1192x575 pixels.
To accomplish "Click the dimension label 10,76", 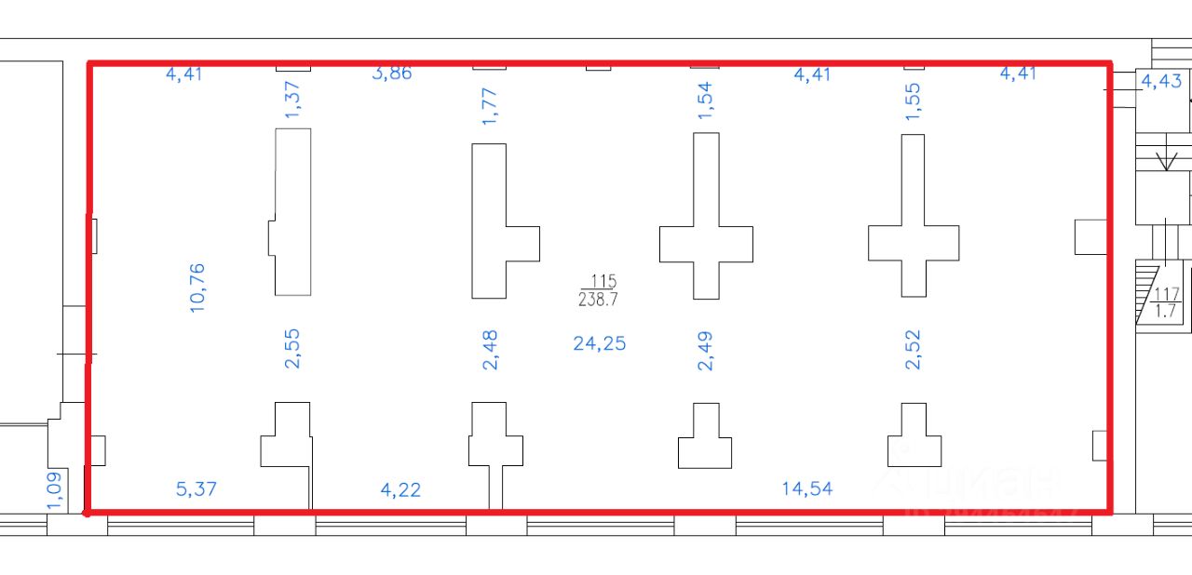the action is pos(196,287).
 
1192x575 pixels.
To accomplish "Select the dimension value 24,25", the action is pos(599,343).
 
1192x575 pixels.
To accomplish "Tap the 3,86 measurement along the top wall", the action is pos(391,73).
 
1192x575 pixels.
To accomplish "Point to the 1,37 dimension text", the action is pos(293,99).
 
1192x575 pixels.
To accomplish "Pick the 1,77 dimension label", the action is pos(491,104).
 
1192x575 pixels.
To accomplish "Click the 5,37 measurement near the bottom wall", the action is pos(196,488).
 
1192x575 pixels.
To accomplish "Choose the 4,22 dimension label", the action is pos(400,489).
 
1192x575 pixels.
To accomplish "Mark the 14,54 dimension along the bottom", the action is pos(806,488).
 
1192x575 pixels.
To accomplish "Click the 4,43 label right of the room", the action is pos(1161,81).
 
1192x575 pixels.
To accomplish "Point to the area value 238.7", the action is pos(599,300).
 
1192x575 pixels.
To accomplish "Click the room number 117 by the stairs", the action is pos(1165,295).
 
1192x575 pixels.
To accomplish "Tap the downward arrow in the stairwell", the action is pos(1164,160).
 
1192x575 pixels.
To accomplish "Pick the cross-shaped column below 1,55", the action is pos(914,242).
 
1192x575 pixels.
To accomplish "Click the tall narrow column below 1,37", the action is pos(292,212).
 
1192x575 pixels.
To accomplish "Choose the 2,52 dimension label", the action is pos(913,350).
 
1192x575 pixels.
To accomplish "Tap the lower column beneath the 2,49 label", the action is pos(705,438).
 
